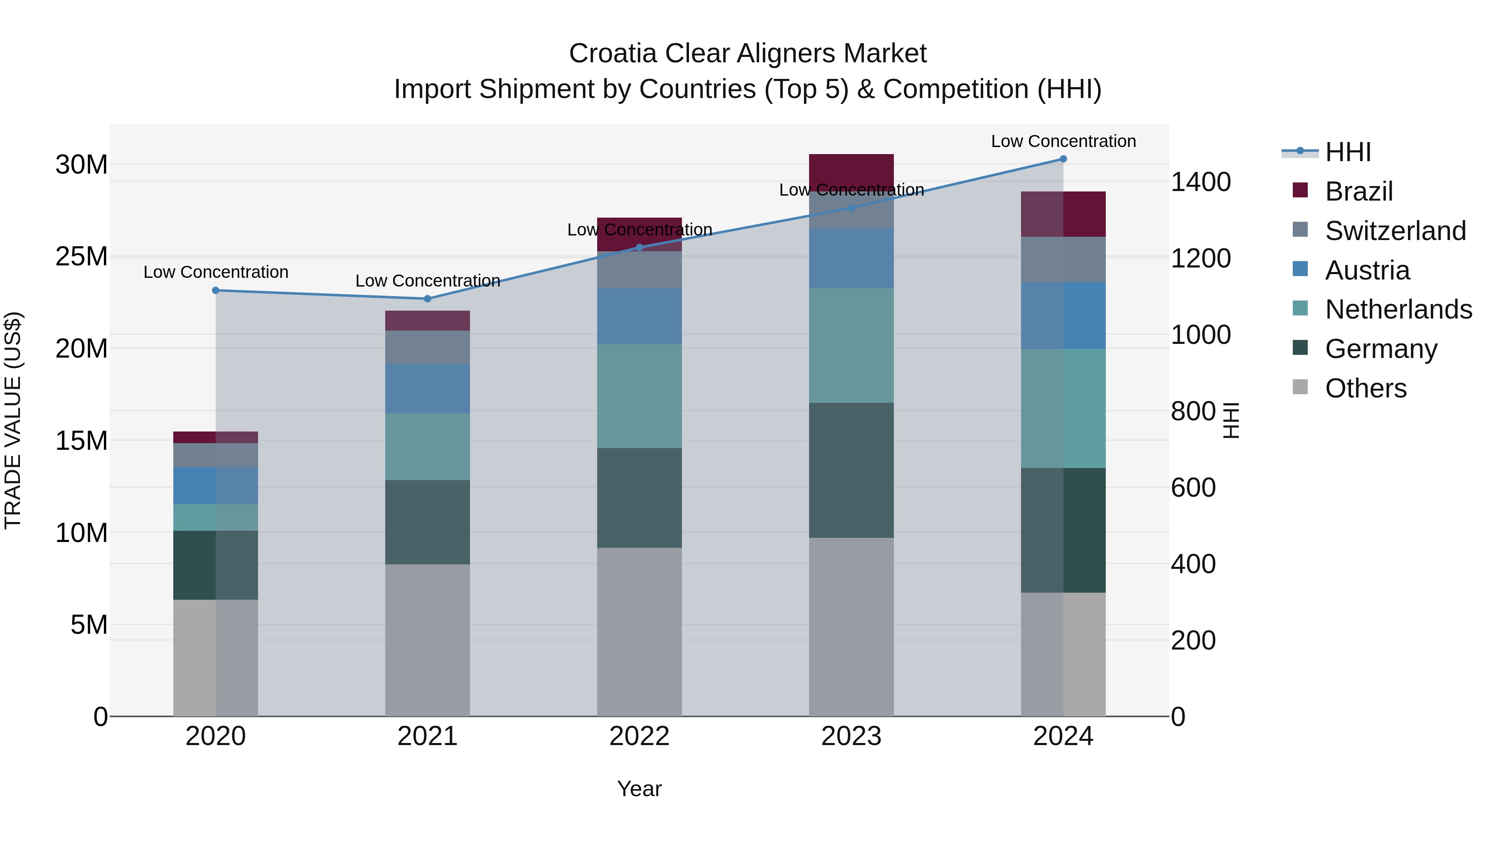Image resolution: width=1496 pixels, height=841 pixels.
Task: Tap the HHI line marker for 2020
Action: click(215, 290)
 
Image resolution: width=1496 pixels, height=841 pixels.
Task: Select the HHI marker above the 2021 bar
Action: click(428, 299)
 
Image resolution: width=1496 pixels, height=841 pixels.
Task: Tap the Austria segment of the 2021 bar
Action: click(428, 388)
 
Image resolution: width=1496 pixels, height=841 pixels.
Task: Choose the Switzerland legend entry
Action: click(1395, 231)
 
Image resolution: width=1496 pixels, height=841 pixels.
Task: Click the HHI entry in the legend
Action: click(1347, 152)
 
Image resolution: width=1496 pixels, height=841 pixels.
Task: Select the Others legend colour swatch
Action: click(1300, 387)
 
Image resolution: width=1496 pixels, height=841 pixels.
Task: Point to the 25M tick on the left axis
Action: click(81, 257)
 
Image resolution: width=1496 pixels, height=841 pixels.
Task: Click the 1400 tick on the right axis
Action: click(1200, 182)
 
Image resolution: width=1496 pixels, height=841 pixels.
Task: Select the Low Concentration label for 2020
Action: click(215, 272)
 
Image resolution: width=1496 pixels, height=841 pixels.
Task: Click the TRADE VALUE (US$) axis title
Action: click(13, 420)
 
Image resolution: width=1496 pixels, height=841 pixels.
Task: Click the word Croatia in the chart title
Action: click(613, 54)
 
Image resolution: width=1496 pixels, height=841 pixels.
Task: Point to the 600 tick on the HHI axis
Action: click(1193, 488)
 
